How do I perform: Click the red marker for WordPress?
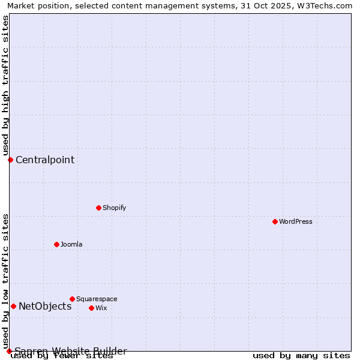275,221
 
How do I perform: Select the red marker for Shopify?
98,208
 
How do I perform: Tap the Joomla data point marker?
56,244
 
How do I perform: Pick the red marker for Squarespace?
72,299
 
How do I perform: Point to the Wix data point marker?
91,308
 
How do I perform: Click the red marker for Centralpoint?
10,160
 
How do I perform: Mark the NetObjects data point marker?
13,306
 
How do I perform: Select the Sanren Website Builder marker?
9,351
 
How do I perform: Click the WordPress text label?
296,221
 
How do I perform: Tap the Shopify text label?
114,208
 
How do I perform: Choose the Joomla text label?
71,244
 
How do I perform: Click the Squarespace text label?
97,299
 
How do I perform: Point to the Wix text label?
101,308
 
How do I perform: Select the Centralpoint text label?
45,160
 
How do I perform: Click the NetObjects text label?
45,306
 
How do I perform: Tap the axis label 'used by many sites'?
301,356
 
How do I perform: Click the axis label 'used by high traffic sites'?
5,86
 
